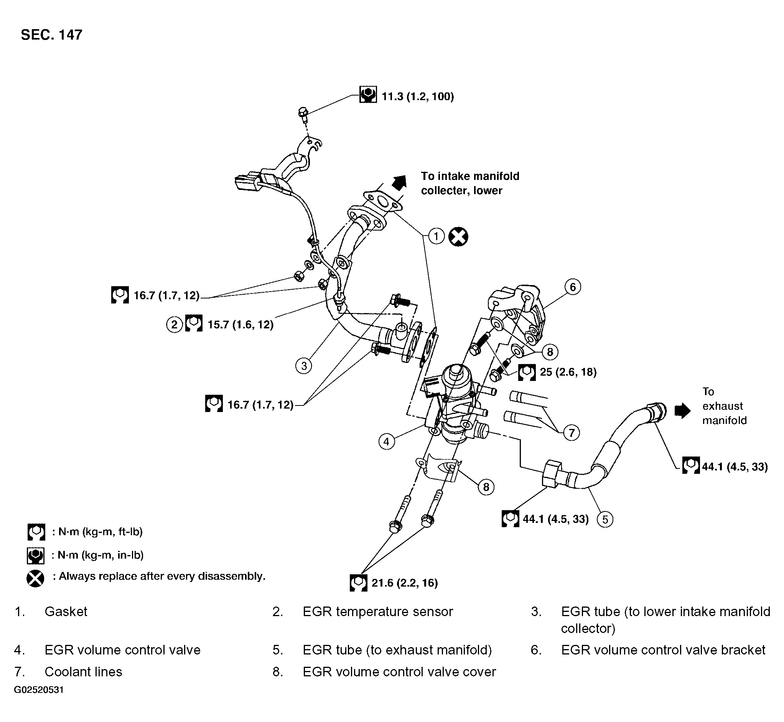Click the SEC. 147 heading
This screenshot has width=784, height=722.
click(51, 35)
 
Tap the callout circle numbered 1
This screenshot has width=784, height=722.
click(436, 236)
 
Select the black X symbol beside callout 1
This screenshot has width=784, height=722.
click(458, 237)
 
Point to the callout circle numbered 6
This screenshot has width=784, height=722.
click(573, 287)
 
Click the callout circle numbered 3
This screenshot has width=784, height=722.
click(304, 366)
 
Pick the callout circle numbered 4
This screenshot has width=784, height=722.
click(386, 442)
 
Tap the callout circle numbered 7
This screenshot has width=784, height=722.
click(572, 433)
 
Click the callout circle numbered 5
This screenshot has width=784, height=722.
click(605, 519)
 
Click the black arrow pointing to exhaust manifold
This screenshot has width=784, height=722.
click(682, 411)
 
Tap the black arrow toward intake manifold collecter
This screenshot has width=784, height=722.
click(400, 183)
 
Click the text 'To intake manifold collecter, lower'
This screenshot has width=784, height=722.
click(470, 183)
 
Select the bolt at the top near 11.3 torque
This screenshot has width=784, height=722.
click(303, 114)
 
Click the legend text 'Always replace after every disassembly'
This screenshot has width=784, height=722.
click(162, 576)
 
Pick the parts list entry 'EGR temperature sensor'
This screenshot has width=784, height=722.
click(378, 612)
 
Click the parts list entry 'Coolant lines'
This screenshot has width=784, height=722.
click(83, 672)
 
